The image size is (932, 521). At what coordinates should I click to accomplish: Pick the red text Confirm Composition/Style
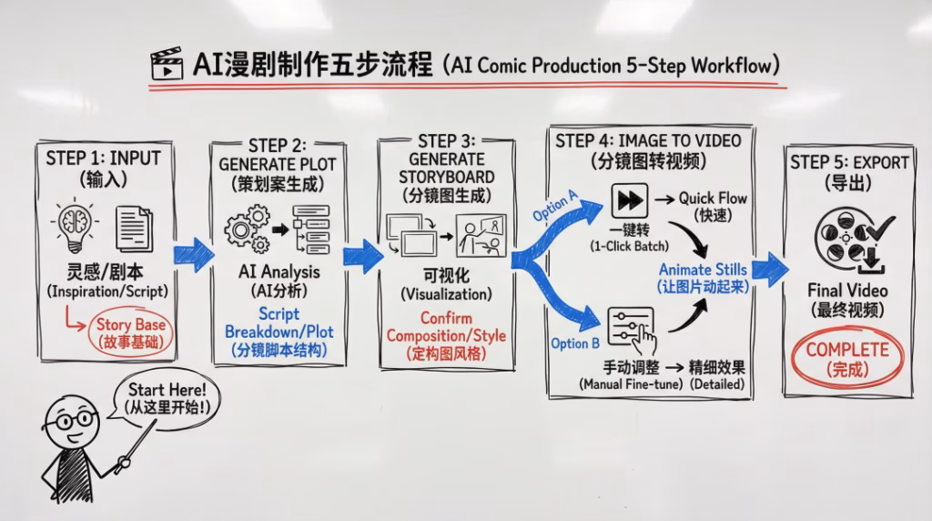click(445, 327)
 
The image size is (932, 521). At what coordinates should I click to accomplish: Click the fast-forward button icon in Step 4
click(628, 200)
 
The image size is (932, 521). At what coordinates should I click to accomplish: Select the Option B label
click(575, 343)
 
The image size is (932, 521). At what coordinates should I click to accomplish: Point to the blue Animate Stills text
click(703, 269)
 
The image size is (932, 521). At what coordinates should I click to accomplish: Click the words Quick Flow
click(714, 199)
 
